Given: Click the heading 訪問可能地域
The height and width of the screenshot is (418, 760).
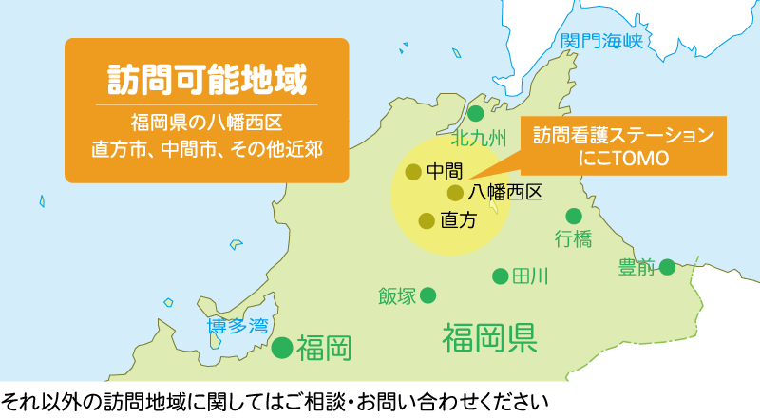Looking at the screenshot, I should pyautogui.click(x=206, y=75).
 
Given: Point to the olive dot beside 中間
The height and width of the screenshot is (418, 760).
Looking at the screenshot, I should pyautogui.click(x=412, y=172).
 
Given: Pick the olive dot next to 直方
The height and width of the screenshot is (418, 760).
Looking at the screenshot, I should pyautogui.click(x=426, y=220).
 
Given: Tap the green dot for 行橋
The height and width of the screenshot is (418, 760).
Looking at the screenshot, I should pyautogui.click(x=574, y=216).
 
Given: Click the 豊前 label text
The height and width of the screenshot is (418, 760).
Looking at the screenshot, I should pyautogui.click(x=636, y=267).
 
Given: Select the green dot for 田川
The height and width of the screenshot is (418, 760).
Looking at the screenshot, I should pyautogui.click(x=500, y=276).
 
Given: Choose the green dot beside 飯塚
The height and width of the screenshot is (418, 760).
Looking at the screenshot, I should pyautogui.click(x=428, y=295).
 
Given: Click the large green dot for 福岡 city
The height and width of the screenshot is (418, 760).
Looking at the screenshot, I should pyautogui.click(x=282, y=348).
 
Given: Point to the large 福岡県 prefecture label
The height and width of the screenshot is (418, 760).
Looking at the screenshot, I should pyautogui.click(x=490, y=337).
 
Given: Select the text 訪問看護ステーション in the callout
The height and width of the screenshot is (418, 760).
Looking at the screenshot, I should pyautogui.click(x=622, y=135).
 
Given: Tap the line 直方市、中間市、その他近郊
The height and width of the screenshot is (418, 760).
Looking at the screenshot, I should pyautogui.click(x=206, y=149).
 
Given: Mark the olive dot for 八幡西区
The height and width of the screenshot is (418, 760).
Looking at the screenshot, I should pyautogui.click(x=455, y=193).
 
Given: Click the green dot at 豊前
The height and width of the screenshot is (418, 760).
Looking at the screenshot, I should pyautogui.click(x=668, y=267).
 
